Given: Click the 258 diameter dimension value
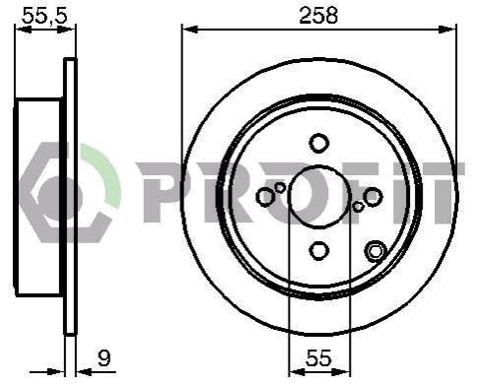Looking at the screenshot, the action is [318, 15].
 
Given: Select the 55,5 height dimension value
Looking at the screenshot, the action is [44, 16].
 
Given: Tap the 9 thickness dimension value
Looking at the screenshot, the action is [104, 358].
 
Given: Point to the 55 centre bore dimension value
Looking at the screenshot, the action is [318, 358].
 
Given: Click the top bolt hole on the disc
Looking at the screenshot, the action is [318, 143].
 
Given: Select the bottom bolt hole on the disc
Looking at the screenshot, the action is [318, 250].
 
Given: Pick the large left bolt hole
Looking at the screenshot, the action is [265, 197].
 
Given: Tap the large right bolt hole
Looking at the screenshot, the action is [373, 197].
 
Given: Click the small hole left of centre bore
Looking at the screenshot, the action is [280, 188].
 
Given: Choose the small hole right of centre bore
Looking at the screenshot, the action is [358, 206].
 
